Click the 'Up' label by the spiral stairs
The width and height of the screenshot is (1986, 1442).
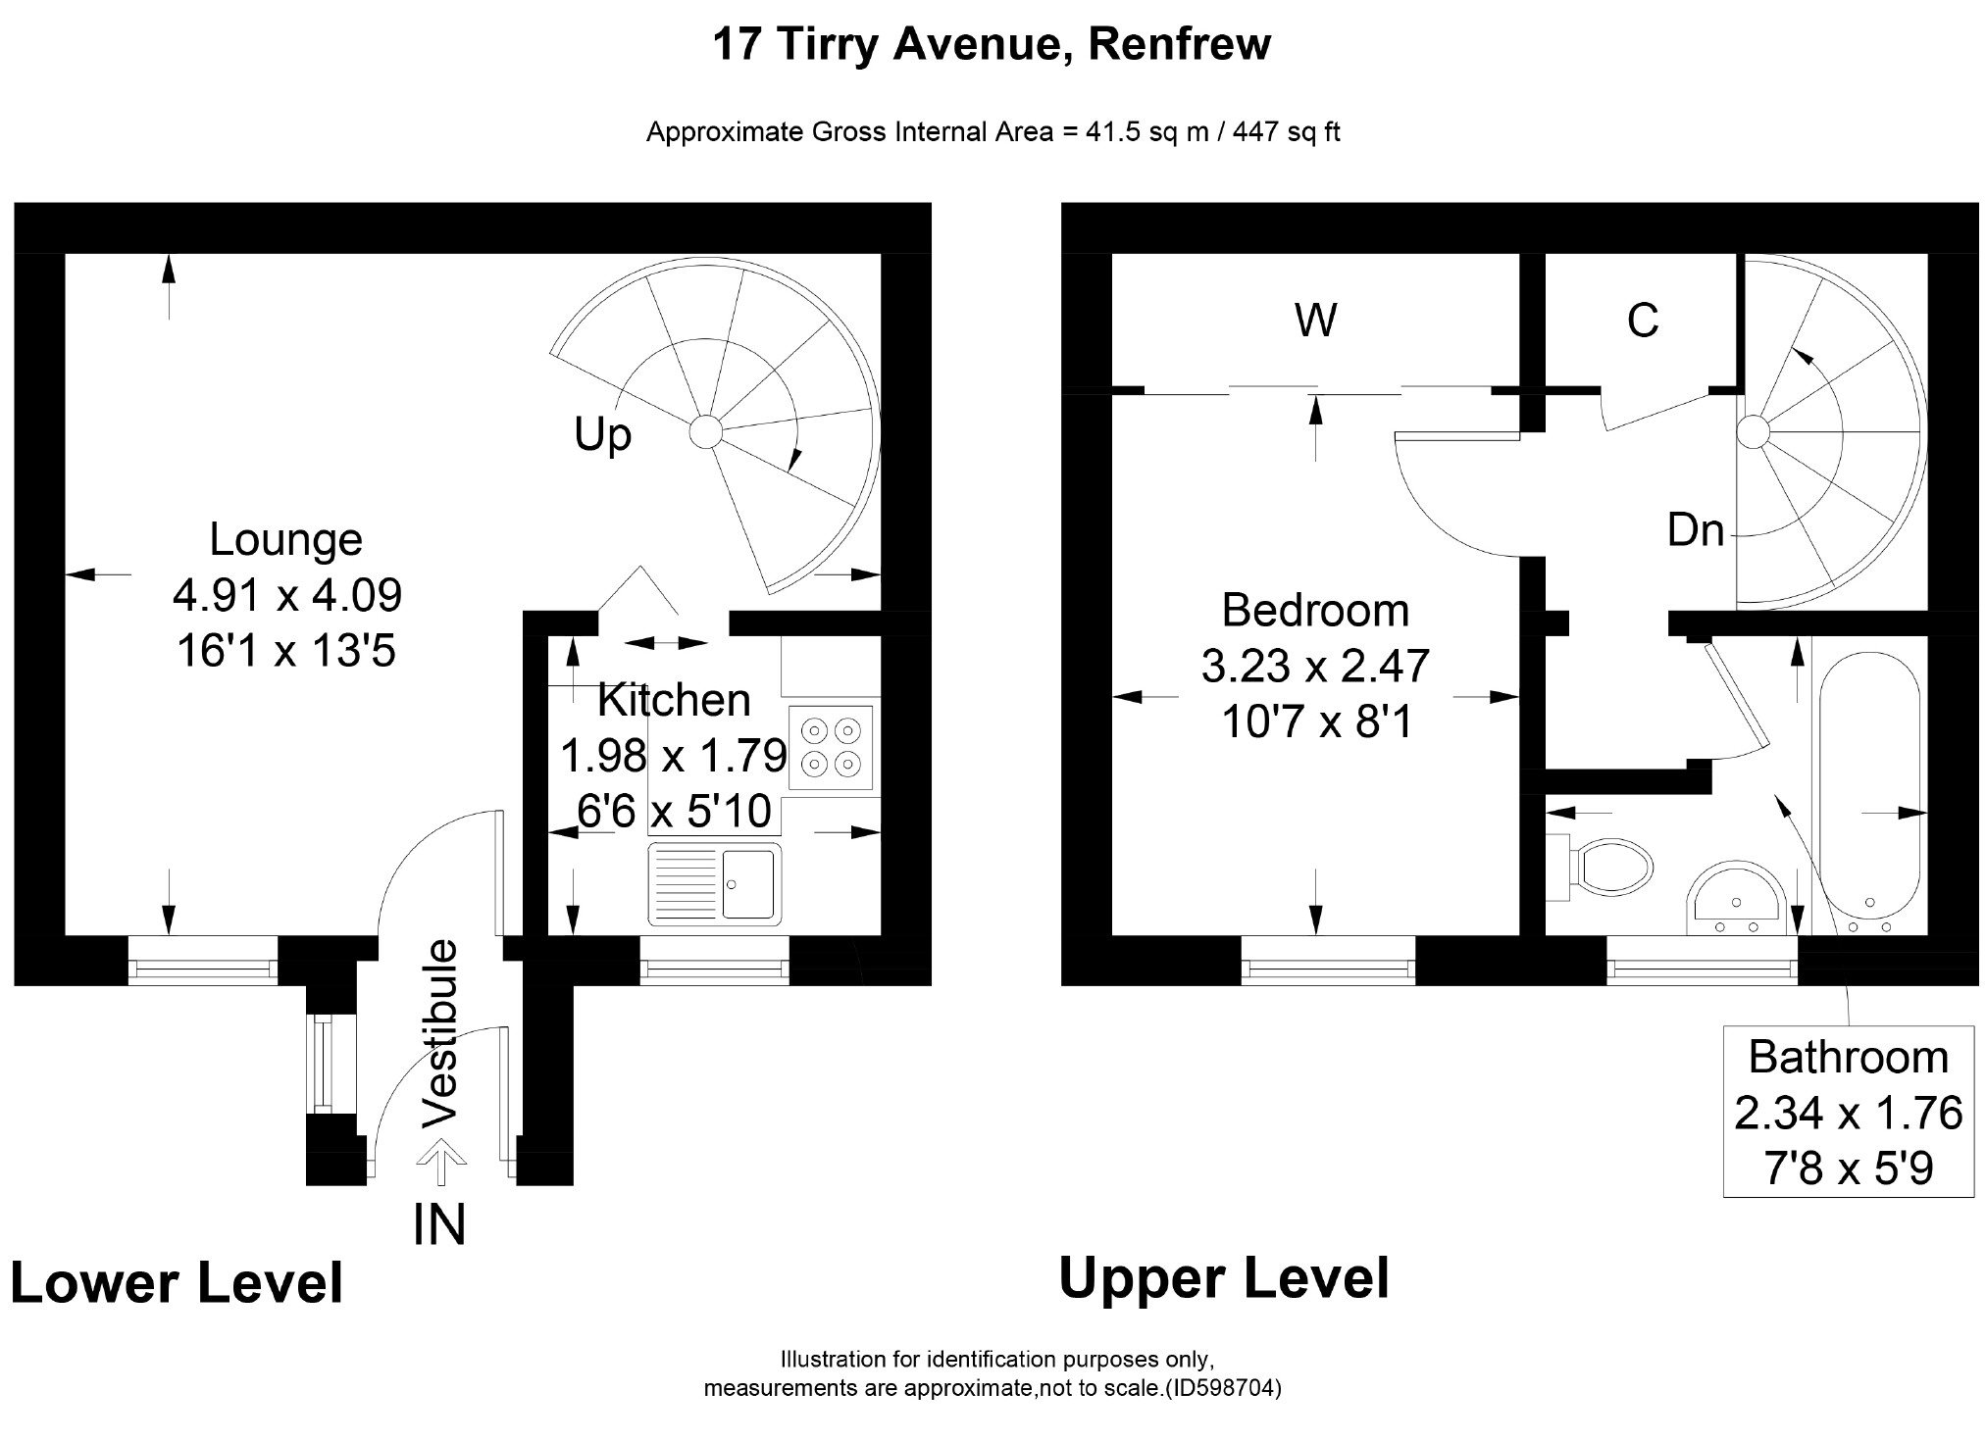pos(602,433)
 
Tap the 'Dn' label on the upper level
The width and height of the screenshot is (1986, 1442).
pos(1695,530)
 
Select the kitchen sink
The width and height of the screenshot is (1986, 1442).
pos(715,883)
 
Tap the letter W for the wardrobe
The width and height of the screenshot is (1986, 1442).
pos(1315,321)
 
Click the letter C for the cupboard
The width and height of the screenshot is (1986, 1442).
pos(1642,321)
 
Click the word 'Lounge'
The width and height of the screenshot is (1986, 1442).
pos(286,539)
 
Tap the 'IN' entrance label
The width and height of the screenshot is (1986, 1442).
pos(438,1224)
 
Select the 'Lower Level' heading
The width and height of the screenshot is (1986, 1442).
pos(177,1283)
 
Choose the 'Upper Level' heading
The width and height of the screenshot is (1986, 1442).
pos(1224,1278)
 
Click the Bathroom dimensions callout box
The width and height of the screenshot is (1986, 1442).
pos(1848,1112)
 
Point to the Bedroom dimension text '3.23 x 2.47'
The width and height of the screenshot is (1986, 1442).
pos(1315,667)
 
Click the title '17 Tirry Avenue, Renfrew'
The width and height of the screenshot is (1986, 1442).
pos(992,44)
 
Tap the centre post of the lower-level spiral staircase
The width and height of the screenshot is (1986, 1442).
pos(704,431)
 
